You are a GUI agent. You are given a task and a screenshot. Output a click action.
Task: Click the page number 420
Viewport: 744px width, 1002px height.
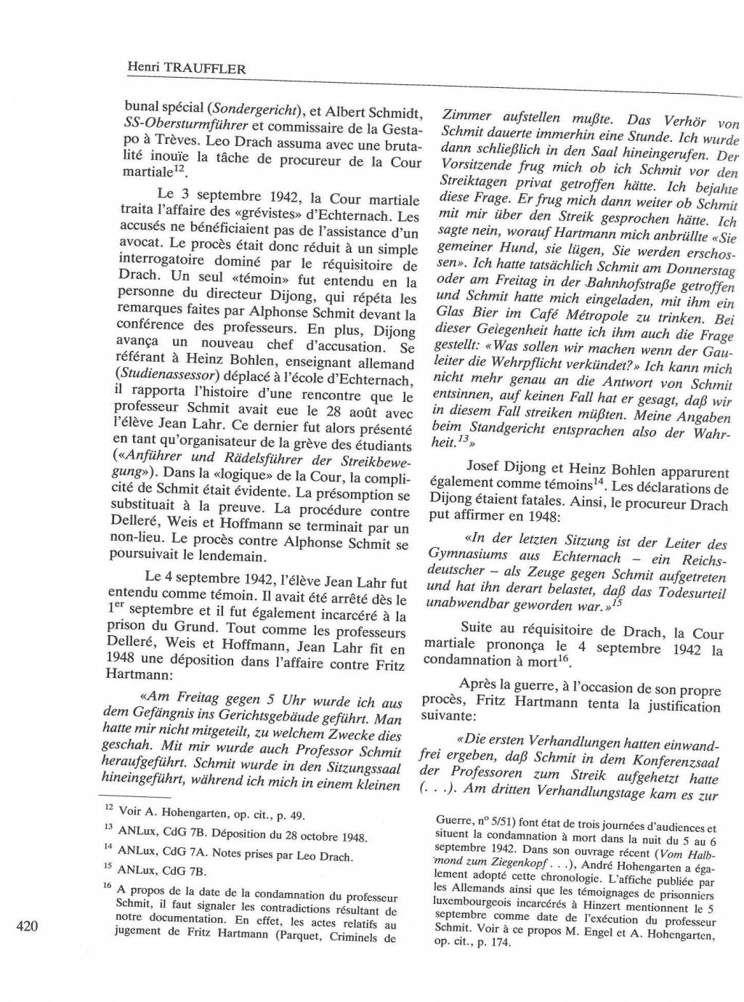[26, 926]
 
